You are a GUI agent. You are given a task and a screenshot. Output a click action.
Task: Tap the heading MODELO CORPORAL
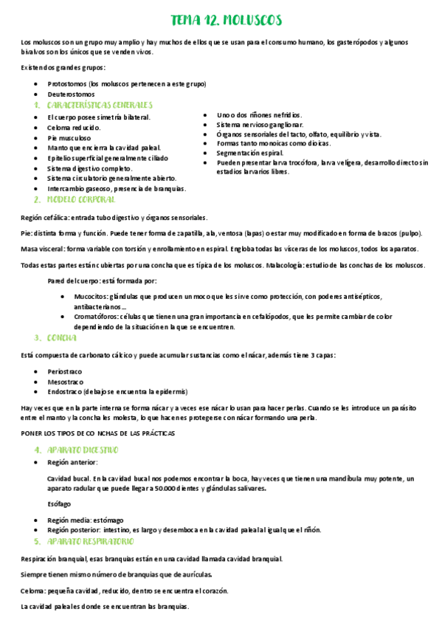coord(81,199)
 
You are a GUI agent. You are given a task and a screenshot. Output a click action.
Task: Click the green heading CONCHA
coord(62,338)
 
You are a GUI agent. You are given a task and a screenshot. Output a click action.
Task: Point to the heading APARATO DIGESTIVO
coord(82,450)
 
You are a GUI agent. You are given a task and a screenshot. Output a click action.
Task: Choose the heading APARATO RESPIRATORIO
coord(89,541)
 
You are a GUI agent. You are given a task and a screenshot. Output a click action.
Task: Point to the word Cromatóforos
coord(97,316)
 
